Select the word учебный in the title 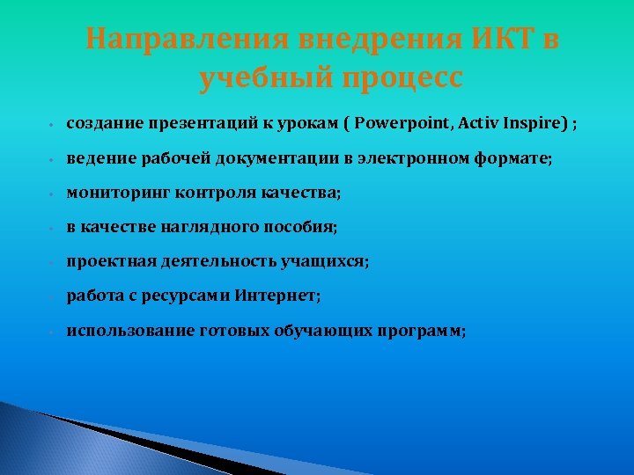[x=261, y=78]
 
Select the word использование [x=126, y=331]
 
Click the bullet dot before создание [x=53, y=125]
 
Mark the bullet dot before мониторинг [x=53, y=194]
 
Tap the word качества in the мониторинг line [x=299, y=193]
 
